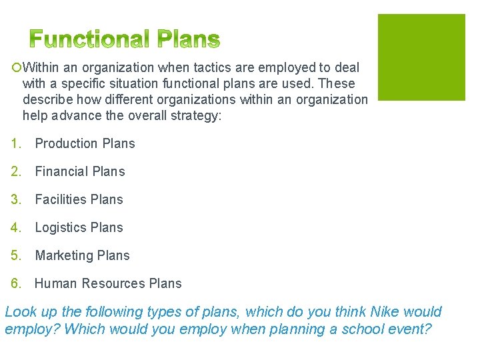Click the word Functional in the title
(x=89, y=41)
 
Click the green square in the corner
(x=421, y=57)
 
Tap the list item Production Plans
(x=85, y=143)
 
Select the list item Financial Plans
(x=80, y=171)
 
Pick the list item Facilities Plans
(x=79, y=199)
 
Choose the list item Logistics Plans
(x=79, y=227)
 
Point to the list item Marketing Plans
(x=82, y=255)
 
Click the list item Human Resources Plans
(x=108, y=283)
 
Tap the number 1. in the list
(x=17, y=143)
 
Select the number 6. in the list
(x=17, y=283)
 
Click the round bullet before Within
(x=15, y=68)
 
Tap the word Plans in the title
(x=188, y=41)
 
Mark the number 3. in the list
(x=17, y=199)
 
